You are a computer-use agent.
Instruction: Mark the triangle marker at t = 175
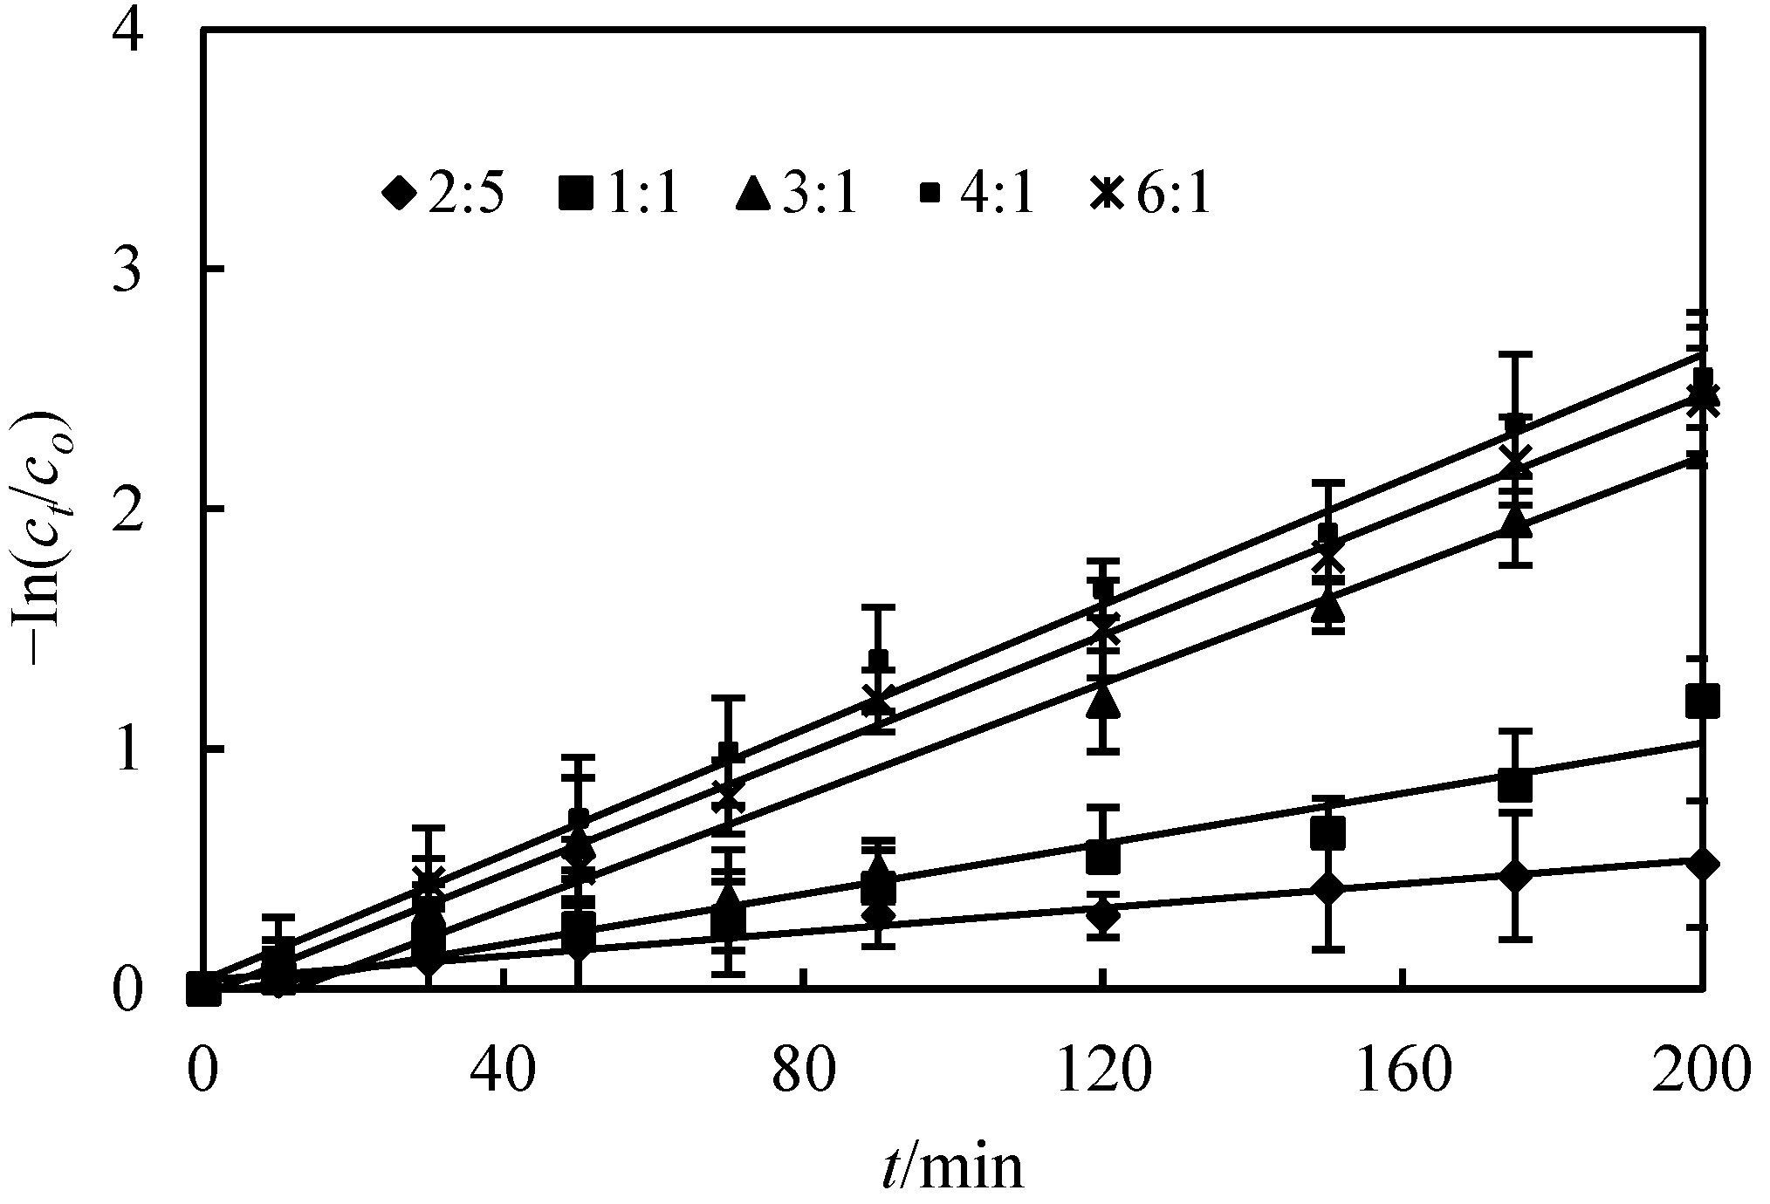pyautogui.click(x=1515, y=521)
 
